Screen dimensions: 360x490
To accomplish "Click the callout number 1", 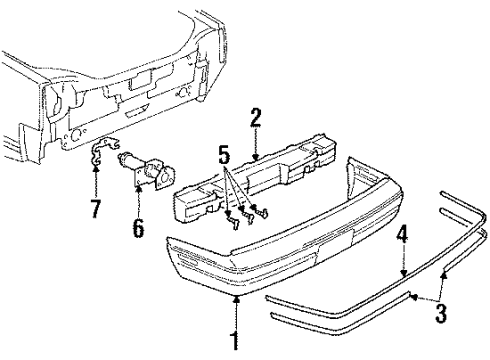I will (x=235, y=339).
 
